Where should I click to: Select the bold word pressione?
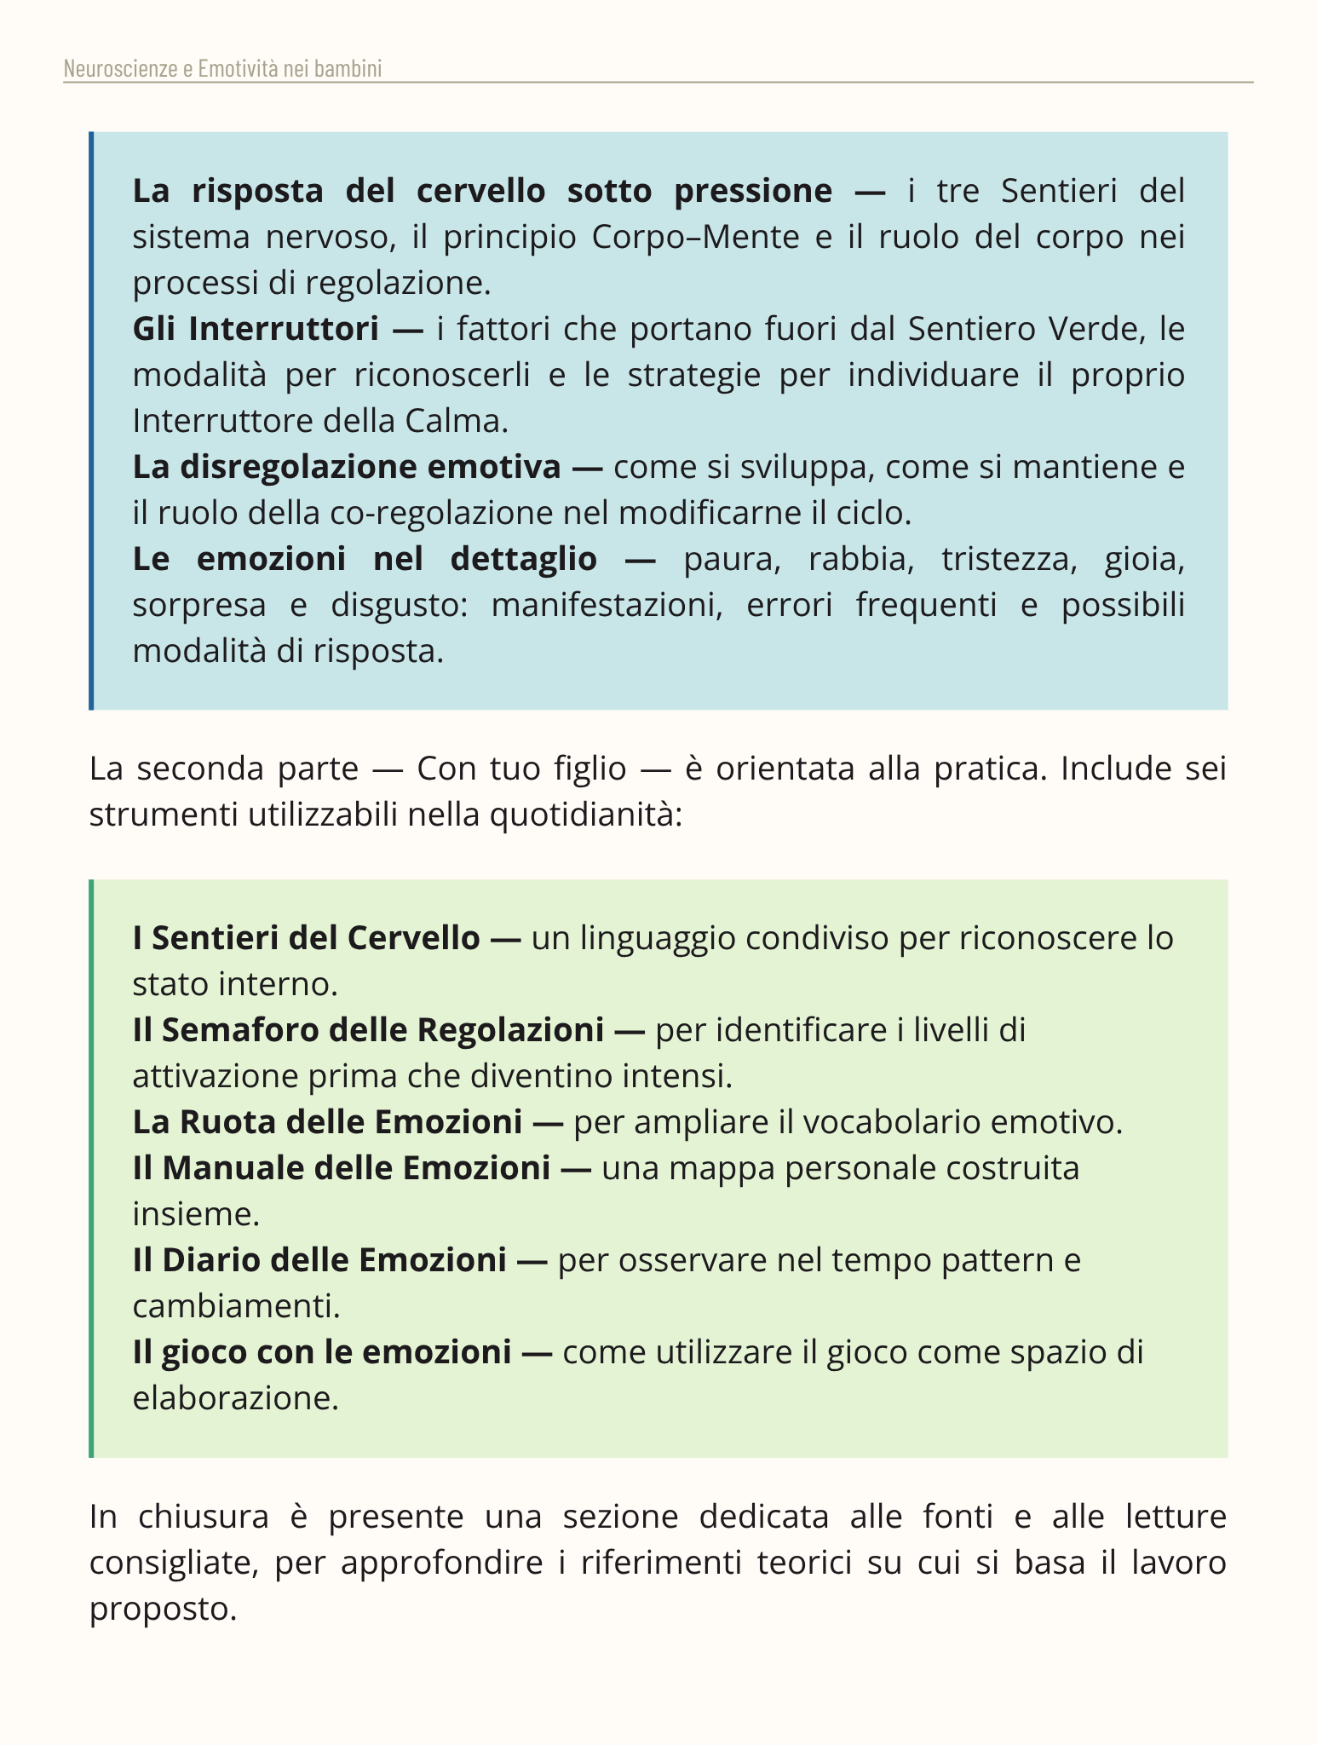pos(752,191)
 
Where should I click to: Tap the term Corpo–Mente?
pos(695,237)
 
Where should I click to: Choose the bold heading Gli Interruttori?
pos(256,329)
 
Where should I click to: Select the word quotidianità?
pos(585,815)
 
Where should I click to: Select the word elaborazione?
pos(235,1398)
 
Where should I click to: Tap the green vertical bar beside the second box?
pos(91,1168)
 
